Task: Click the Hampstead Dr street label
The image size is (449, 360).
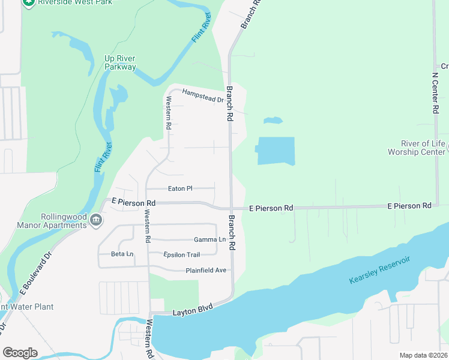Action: point(203,95)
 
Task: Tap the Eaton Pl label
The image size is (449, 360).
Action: point(180,188)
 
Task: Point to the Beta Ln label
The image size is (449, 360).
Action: point(122,254)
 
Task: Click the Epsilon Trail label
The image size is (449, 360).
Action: point(181,255)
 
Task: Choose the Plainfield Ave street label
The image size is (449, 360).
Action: point(206,271)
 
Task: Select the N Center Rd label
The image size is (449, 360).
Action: point(435,93)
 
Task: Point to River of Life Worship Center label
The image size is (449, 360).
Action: point(423,148)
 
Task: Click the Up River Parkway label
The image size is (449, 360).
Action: point(120,62)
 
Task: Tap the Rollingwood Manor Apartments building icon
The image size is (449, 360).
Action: point(95,221)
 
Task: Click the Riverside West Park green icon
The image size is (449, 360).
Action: point(28,2)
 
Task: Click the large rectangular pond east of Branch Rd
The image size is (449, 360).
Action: point(276,151)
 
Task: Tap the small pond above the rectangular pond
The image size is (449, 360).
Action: point(273,121)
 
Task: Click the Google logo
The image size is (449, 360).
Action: point(20,353)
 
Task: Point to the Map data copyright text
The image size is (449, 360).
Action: point(423,355)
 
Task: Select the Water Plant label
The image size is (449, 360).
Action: point(27,307)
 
